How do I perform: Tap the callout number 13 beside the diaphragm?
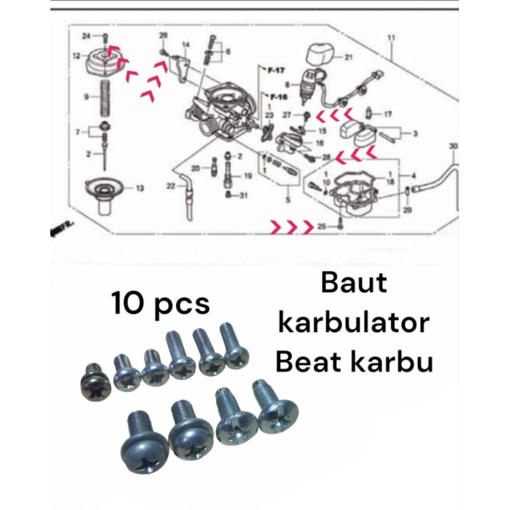[140, 188]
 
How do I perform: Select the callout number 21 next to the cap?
[348, 57]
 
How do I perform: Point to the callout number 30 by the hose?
[453, 146]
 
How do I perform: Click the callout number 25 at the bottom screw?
[322, 226]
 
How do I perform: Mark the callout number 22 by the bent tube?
[171, 186]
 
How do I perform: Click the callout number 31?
[243, 196]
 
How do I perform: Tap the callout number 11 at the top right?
[391, 38]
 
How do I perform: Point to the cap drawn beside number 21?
[320, 54]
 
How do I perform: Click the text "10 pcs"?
[161, 303]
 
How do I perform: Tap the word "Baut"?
[354, 283]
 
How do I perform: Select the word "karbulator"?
[354, 323]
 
